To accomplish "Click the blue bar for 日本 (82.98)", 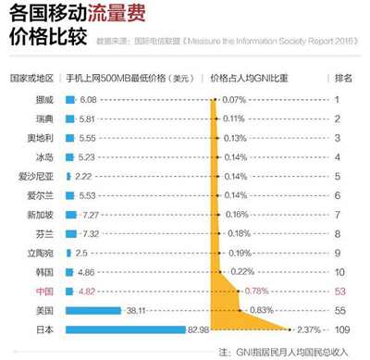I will point(125,329).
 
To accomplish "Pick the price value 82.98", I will point(198,329).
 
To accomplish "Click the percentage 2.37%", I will point(312,329).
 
